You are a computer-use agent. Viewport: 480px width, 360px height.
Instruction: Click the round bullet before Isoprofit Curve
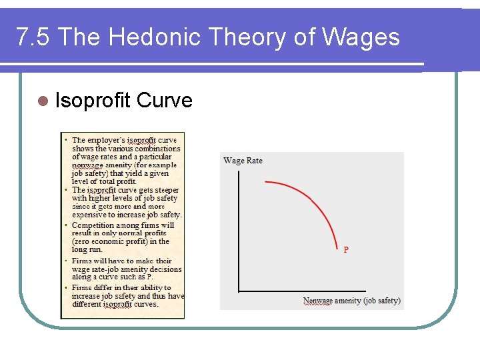(43, 101)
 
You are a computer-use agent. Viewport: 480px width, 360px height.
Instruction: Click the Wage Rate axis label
(243, 161)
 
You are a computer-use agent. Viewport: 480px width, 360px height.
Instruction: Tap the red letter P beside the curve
(346, 250)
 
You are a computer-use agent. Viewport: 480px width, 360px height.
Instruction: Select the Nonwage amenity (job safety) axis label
(352, 301)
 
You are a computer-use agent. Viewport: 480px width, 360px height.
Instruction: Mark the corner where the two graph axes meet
(239, 291)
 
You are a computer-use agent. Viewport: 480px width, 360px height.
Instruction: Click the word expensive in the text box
(91, 215)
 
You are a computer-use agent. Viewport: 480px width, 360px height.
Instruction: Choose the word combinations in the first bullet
(157, 149)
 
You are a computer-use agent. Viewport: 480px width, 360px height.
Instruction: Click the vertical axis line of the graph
(239, 227)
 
